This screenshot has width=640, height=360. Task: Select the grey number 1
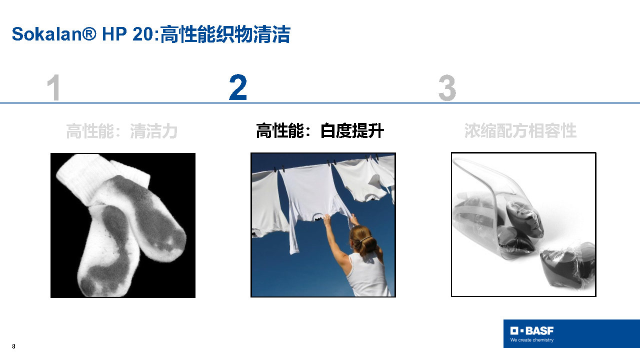click(53, 87)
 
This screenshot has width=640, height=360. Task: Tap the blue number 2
click(238, 87)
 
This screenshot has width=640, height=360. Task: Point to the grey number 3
click(447, 87)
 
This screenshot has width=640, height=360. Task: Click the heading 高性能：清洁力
click(122, 131)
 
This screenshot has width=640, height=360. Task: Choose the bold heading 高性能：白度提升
click(319, 130)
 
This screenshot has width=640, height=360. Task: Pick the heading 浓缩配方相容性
click(520, 130)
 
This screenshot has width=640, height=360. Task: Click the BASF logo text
click(539, 331)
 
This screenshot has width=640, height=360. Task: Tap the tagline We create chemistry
click(531, 340)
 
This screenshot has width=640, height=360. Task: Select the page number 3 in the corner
click(13, 346)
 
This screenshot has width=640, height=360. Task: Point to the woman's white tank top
click(367, 274)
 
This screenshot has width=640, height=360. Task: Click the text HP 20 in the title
click(127, 34)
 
